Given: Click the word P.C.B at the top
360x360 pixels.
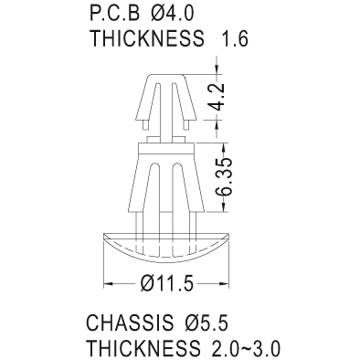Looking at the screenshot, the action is (x=115, y=14).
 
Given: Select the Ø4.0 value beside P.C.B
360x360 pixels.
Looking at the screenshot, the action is (x=173, y=14).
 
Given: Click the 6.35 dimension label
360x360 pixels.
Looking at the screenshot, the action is (x=224, y=176).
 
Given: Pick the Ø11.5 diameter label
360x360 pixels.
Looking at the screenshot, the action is (x=167, y=284).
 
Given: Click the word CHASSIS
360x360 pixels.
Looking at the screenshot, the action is (x=129, y=323).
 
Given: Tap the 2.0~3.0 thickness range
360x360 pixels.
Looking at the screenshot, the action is (x=243, y=348).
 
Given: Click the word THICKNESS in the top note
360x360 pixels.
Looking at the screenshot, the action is (x=147, y=38).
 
